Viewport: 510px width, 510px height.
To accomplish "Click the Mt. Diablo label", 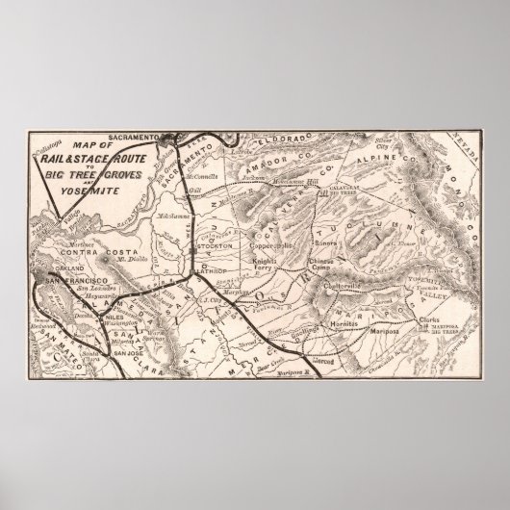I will [119, 263].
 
